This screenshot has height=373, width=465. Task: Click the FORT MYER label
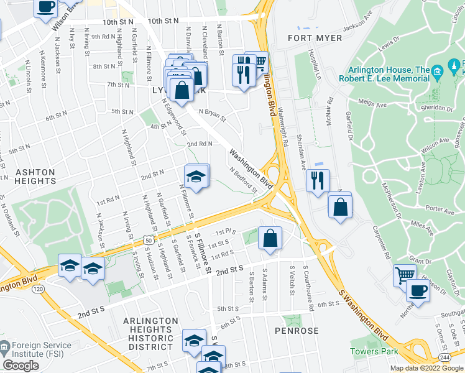pyautogui.click(x=315, y=39)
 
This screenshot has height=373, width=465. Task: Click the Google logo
pyautogui.click(x=21, y=366)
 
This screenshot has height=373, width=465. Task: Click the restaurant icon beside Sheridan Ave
pyautogui.click(x=318, y=181)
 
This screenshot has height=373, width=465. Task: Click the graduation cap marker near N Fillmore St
pyautogui.click(x=196, y=177)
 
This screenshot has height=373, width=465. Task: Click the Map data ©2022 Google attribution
pyautogui.click(x=426, y=368)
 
